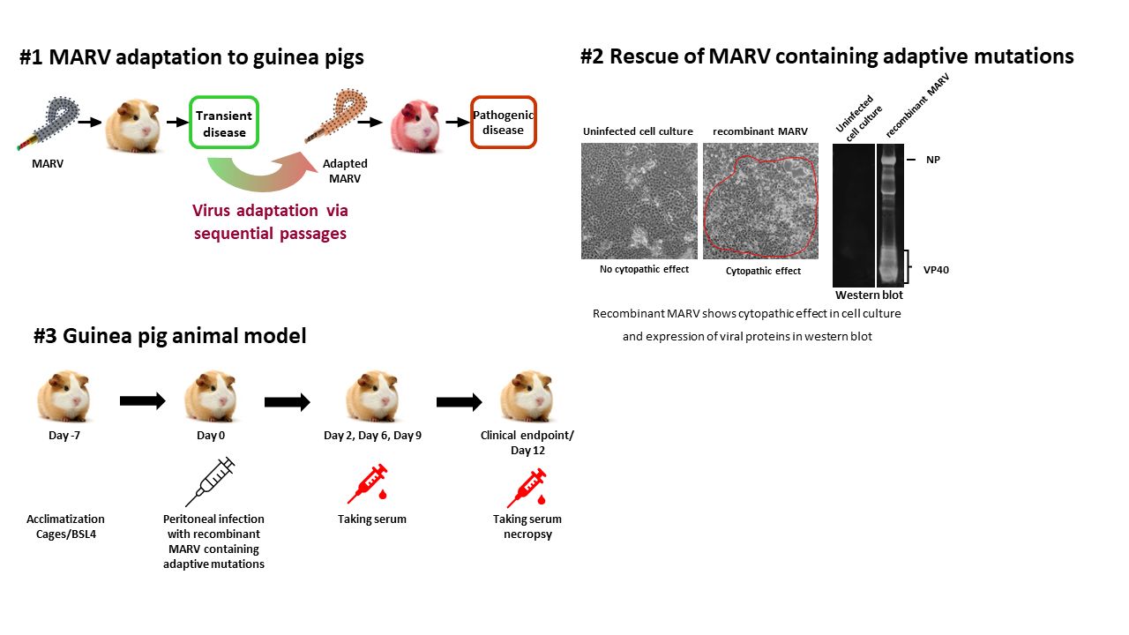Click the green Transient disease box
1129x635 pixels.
224,123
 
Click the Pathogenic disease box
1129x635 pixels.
504,123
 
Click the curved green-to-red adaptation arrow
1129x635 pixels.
262,181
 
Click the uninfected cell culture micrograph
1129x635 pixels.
639,201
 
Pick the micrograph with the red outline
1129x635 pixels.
760,201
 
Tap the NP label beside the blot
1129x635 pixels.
933,160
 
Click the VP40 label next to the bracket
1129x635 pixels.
936,270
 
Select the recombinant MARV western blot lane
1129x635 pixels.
890,215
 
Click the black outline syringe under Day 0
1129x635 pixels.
210,482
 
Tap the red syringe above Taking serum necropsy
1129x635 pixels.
527,488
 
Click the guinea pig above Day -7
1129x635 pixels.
64,396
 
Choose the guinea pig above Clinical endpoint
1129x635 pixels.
527,396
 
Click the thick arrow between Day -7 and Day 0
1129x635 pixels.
143,400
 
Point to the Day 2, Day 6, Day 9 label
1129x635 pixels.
372,436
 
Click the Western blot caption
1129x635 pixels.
869,295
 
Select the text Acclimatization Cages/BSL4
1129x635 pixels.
65,527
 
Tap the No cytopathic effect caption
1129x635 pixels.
644,269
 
